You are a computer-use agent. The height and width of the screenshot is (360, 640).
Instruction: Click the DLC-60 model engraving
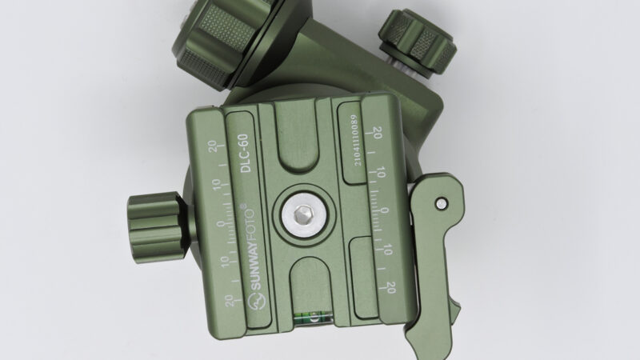click(245, 153)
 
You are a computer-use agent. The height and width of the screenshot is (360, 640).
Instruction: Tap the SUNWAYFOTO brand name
click(249, 250)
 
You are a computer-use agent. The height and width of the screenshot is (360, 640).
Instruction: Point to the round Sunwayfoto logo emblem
click(257, 302)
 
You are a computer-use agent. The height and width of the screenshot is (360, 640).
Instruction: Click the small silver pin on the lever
click(441, 203)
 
